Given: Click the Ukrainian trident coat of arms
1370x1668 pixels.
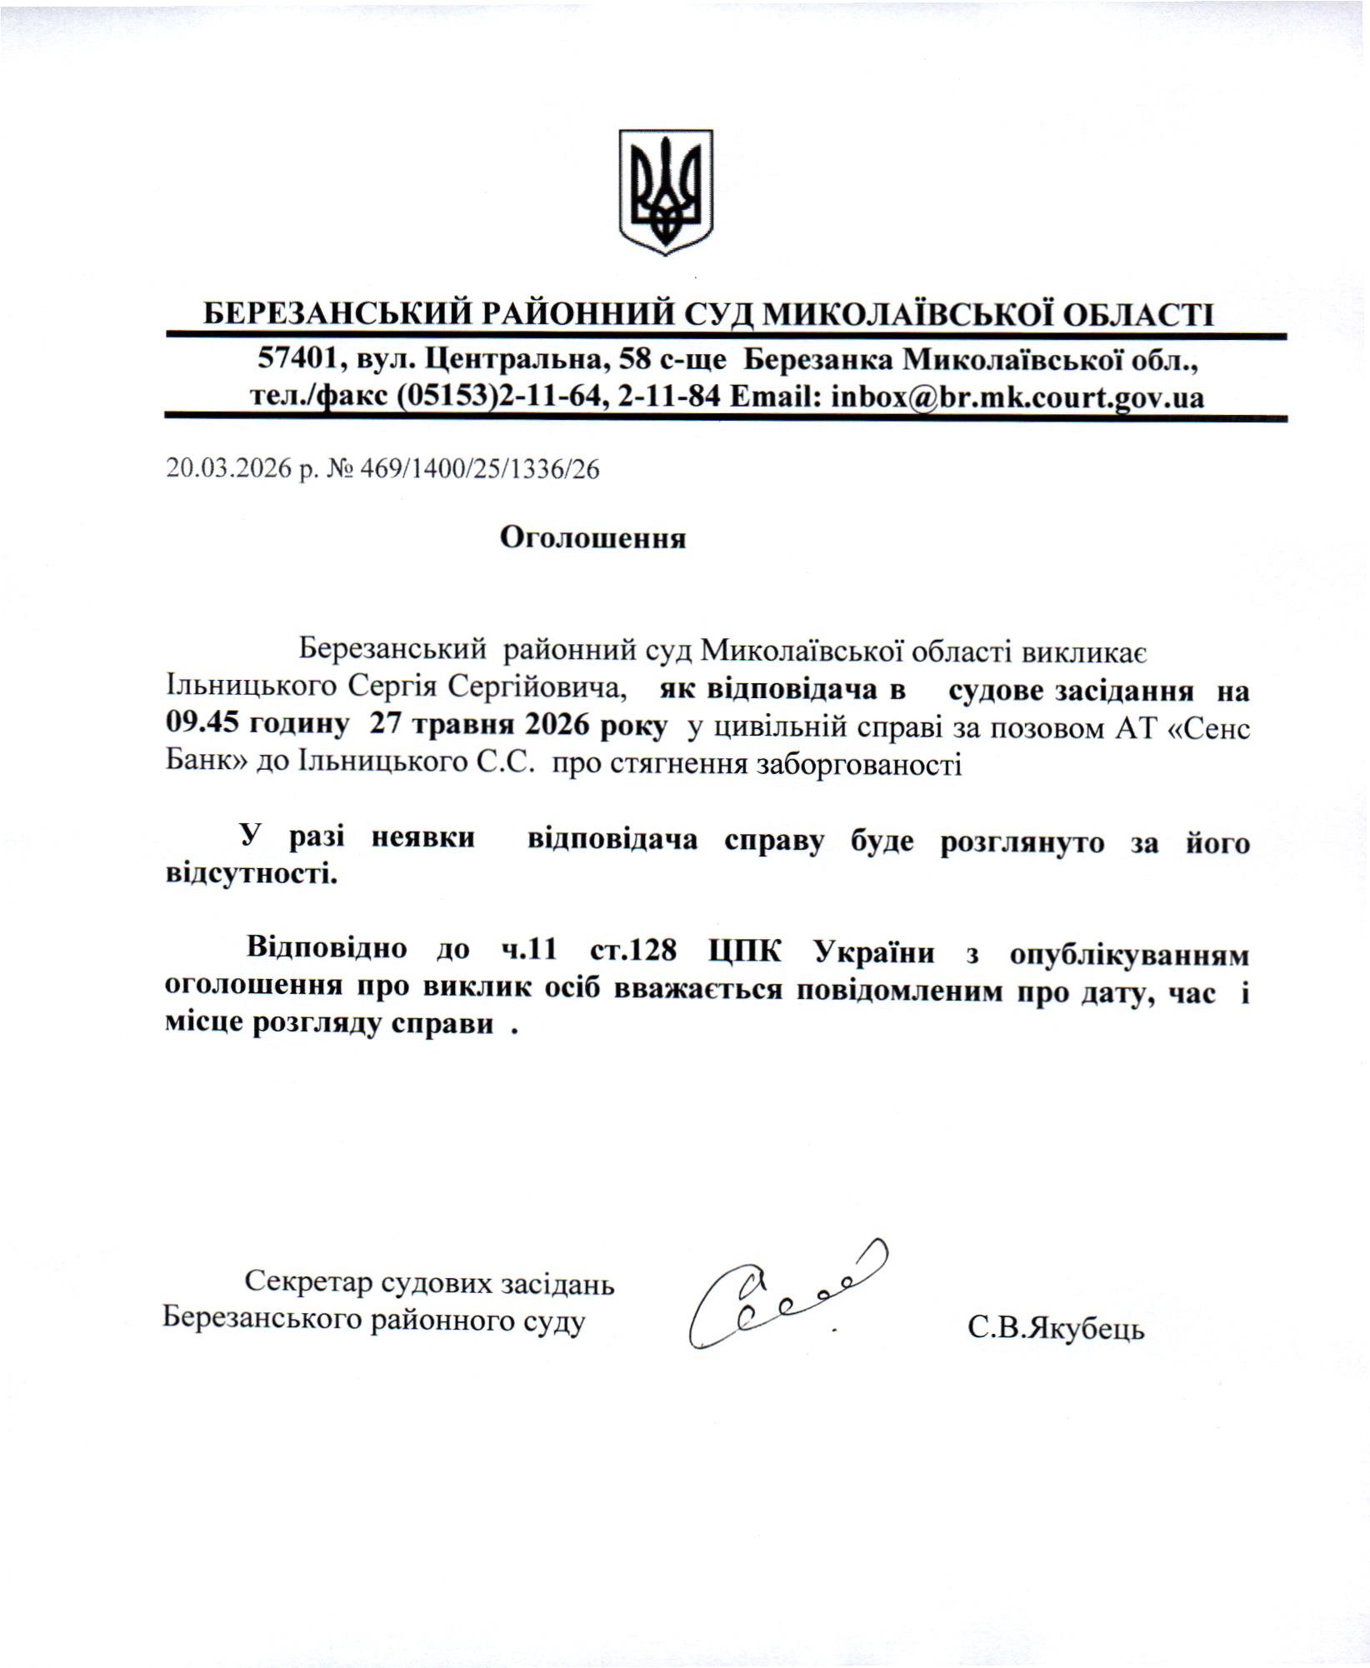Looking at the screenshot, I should tap(665, 192).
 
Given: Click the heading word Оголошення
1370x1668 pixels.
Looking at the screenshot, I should tap(592, 538).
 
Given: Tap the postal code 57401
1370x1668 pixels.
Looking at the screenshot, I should tap(296, 360).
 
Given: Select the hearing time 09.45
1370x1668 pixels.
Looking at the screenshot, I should tap(198, 726).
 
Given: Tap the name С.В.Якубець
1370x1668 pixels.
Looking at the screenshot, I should tap(1056, 1328).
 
